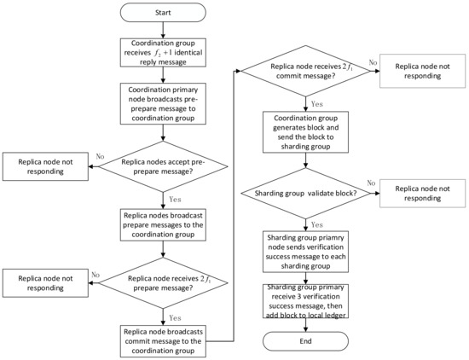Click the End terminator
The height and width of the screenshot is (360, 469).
pos(304,340)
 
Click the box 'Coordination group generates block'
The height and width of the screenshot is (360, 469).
pos(304,135)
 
